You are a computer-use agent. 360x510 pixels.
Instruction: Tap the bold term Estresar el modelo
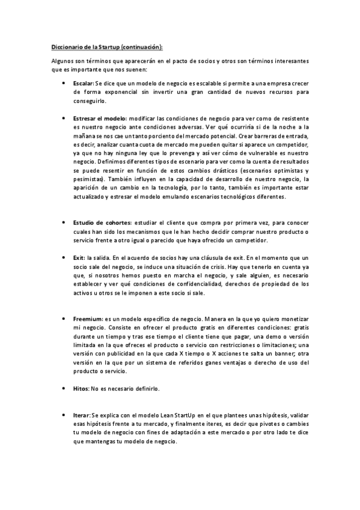click(99, 119)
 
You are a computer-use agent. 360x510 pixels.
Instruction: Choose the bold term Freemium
click(88, 319)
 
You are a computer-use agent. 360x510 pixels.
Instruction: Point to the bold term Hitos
click(81, 389)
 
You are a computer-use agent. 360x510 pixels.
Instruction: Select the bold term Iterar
click(82, 416)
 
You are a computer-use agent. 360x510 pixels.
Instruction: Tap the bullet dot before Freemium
click(64, 319)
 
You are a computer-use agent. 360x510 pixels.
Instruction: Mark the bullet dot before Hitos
click(64, 389)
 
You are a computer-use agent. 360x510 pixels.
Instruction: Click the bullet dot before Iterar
click(64, 416)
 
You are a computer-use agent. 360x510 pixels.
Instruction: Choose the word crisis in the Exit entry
click(210, 266)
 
